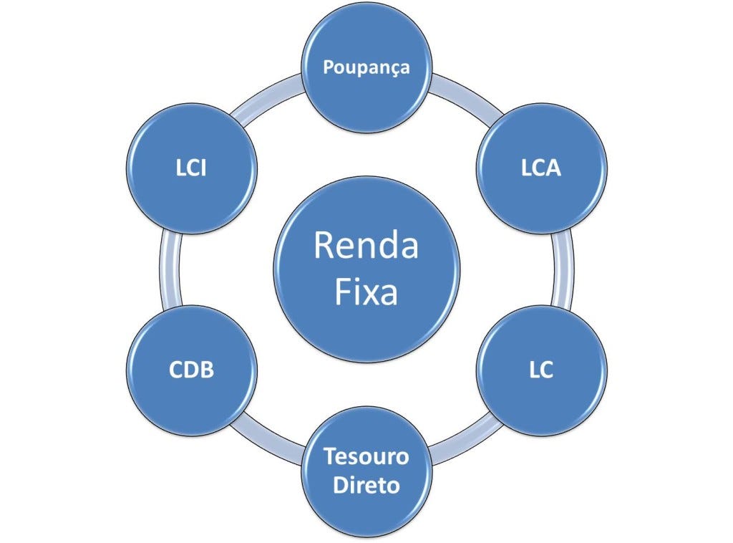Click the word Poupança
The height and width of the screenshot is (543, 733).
point(366,67)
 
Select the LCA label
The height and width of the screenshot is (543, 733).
point(541,170)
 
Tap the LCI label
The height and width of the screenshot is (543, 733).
point(192,170)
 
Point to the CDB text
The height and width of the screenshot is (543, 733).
point(192,371)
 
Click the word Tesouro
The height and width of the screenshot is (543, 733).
point(366,456)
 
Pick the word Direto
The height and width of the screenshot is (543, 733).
point(366,486)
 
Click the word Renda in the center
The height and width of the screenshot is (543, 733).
point(366,246)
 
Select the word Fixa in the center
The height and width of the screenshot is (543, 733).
point(366,292)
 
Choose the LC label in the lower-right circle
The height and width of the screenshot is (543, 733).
point(541,371)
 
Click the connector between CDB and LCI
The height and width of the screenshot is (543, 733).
point(168,270)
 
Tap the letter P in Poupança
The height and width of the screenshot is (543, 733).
point(328,67)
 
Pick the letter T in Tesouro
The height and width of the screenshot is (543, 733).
point(329,456)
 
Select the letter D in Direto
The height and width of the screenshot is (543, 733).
point(339,486)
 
